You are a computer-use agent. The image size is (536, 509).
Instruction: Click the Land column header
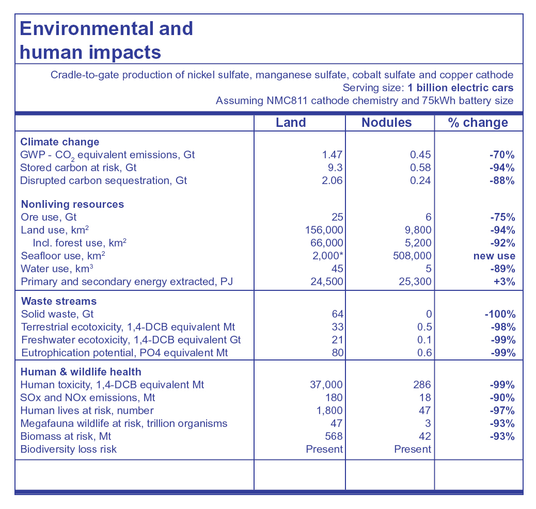click(291, 123)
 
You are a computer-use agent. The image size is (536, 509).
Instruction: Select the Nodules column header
click(387, 123)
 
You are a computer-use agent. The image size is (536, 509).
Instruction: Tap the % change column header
click(478, 123)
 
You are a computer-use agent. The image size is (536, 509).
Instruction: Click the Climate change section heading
click(60, 142)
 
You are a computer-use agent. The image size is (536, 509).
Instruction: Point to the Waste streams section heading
click(59, 301)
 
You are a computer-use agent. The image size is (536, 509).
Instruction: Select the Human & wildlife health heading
click(81, 372)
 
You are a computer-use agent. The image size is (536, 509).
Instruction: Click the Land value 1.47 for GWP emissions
click(332, 155)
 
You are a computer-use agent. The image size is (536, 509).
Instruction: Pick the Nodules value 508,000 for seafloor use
click(412, 256)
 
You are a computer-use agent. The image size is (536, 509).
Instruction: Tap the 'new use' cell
click(494, 256)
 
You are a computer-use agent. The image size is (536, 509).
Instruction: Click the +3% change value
click(504, 282)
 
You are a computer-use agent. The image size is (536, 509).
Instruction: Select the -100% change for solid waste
click(500, 314)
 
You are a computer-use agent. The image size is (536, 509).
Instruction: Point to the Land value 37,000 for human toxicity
click(326, 385)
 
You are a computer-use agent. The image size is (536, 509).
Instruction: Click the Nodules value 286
click(422, 385)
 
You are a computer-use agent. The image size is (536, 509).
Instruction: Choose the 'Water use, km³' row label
click(57, 269)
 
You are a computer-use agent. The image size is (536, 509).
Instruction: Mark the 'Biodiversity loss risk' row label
click(68, 449)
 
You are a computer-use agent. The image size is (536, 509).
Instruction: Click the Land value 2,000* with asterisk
click(327, 256)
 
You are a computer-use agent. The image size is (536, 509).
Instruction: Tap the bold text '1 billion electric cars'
click(461, 88)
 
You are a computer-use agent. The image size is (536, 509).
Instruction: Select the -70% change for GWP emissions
click(502, 155)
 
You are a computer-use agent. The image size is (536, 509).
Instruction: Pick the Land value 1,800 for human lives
click(329, 411)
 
